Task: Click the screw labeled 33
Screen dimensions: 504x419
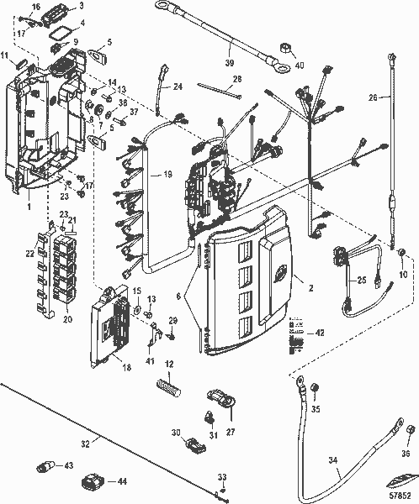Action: (x=222, y=490)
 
